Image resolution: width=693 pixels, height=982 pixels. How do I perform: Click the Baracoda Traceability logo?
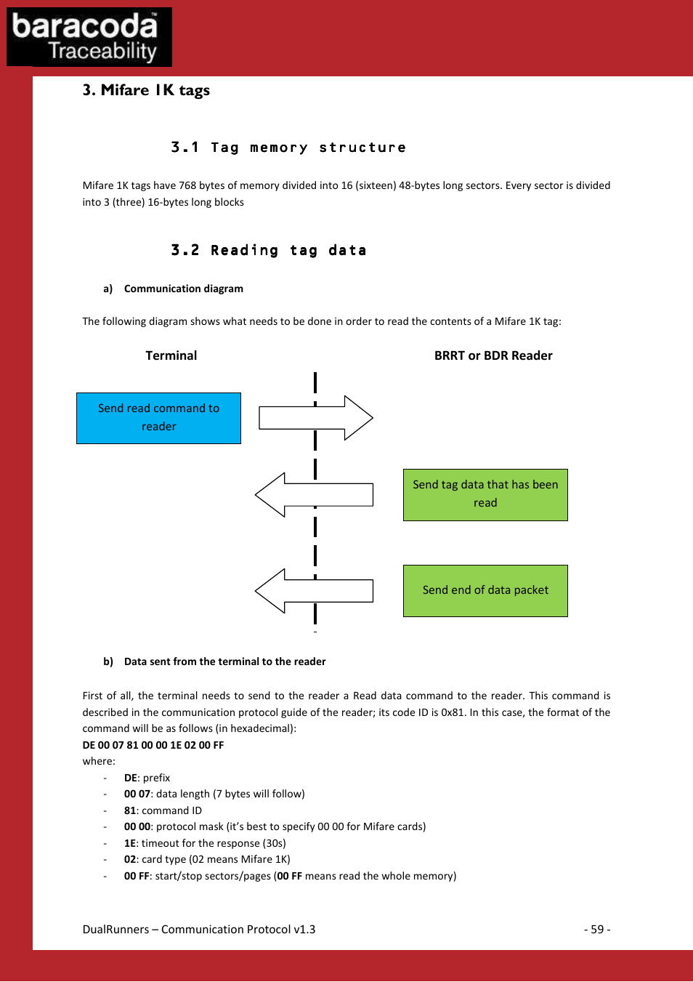(x=89, y=37)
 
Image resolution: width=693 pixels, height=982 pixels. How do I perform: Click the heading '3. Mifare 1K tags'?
(x=146, y=90)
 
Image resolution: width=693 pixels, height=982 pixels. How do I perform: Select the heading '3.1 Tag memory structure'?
(x=288, y=148)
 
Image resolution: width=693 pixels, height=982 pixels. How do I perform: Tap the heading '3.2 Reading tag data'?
(x=268, y=251)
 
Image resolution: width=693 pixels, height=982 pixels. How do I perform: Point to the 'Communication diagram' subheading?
(x=183, y=289)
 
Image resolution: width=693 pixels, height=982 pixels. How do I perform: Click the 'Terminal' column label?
(x=171, y=355)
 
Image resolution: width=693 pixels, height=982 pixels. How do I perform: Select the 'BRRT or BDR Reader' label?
(x=493, y=355)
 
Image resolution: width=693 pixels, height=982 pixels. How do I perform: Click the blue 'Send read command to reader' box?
(x=158, y=418)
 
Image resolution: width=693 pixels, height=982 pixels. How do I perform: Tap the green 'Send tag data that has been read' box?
(x=485, y=494)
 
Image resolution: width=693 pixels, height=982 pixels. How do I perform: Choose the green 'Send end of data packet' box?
(x=485, y=590)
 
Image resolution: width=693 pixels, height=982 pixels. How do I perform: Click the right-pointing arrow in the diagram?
(x=316, y=418)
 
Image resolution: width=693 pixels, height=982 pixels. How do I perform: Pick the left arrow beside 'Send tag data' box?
(x=314, y=495)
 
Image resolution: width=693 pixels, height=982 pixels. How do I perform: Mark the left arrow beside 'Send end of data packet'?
(x=314, y=591)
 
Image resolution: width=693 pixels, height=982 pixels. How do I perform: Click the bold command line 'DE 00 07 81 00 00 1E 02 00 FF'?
(x=153, y=745)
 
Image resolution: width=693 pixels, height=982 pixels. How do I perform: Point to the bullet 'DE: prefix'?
(x=147, y=778)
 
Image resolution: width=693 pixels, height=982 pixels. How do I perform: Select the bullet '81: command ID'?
(x=163, y=810)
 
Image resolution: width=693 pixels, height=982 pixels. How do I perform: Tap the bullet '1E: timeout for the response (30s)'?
(x=205, y=843)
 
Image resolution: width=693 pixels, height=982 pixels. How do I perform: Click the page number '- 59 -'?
(x=597, y=930)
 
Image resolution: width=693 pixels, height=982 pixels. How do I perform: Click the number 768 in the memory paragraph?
(x=187, y=185)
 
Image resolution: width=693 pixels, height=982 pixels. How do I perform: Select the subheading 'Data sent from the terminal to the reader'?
(x=224, y=661)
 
